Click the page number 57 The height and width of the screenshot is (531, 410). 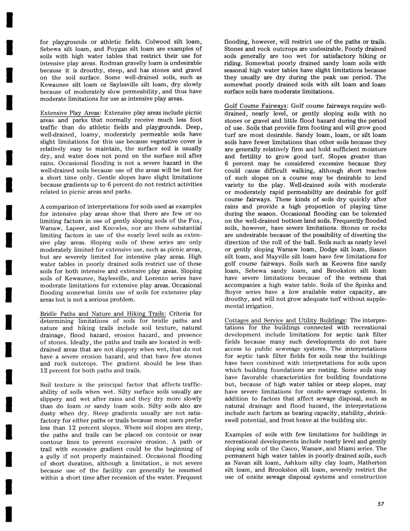click(x=381, y=504)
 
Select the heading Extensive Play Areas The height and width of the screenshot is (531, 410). click(x=70, y=113)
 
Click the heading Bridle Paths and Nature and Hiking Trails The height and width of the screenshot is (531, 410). click(x=103, y=314)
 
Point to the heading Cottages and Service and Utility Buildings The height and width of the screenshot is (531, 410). click(x=285, y=320)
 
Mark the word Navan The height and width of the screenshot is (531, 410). click(x=242, y=463)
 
